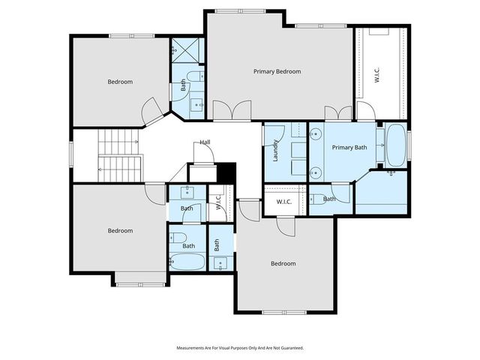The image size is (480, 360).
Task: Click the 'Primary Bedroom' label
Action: click(277, 71)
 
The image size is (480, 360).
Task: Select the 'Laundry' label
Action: click(276, 151)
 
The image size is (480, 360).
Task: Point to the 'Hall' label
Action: click(205, 142)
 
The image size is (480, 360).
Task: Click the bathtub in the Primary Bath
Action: click(395, 145)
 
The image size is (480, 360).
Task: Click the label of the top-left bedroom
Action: click(120, 82)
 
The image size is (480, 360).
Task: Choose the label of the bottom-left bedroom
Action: click(120, 230)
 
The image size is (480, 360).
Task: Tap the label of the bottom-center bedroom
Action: click(283, 263)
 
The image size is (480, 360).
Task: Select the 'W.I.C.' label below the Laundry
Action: click(283, 202)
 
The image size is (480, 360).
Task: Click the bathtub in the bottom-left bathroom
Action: click(187, 262)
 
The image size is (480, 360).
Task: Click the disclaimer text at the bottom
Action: click(239, 348)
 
